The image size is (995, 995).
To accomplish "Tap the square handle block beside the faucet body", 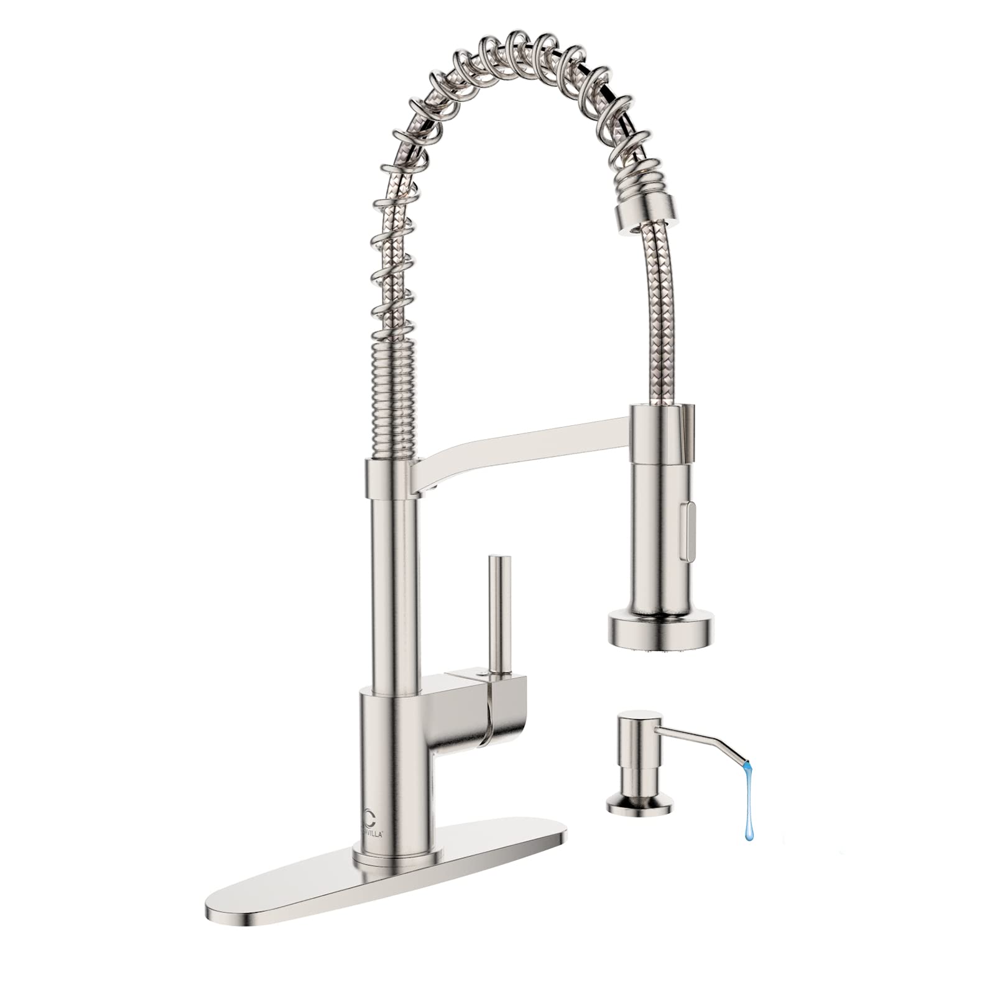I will click(x=479, y=706).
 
